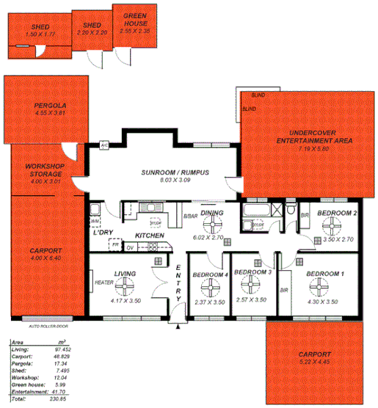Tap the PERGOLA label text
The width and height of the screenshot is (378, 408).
coord(51,106)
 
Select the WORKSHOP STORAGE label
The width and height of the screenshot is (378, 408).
coord(46,170)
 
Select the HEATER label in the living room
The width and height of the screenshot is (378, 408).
coord(101,281)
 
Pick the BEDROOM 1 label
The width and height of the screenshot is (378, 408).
coord(325,274)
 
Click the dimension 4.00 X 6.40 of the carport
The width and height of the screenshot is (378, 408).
coord(46,258)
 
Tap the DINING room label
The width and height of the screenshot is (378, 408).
coord(213,213)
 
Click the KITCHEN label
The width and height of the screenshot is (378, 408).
coord(149,235)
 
